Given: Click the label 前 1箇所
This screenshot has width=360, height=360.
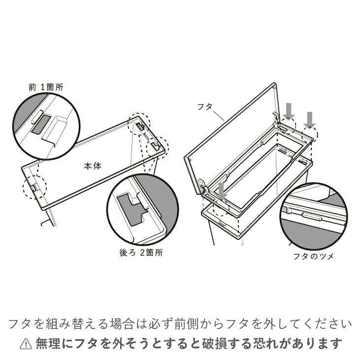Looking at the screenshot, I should click(46, 87).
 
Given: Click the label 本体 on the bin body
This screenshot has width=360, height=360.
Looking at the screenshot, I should click(92, 166).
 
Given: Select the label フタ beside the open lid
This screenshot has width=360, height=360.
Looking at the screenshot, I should click(204, 106).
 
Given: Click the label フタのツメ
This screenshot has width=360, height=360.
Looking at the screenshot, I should click(313, 256).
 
